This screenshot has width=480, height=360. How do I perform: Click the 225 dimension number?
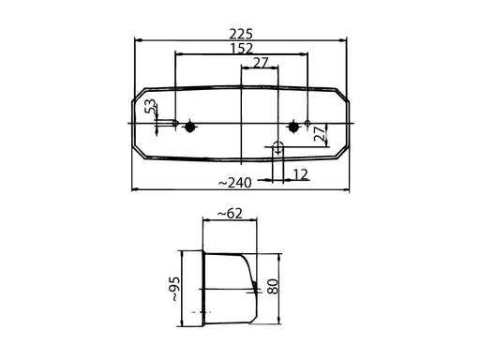(240, 34)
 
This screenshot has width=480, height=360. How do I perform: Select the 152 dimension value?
(241, 49)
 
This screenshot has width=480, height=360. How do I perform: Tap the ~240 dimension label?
(234, 183)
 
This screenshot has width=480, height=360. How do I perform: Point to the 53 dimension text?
(150, 106)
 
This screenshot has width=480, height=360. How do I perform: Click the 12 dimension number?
(301, 174)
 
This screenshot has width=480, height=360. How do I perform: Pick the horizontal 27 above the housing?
(261, 63)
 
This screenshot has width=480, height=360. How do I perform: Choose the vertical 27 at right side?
(320, 134)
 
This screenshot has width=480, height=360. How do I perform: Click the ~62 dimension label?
(230, 214)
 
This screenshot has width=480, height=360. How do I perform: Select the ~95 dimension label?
(175, 289)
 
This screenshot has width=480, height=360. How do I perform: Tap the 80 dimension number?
(273, 287)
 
